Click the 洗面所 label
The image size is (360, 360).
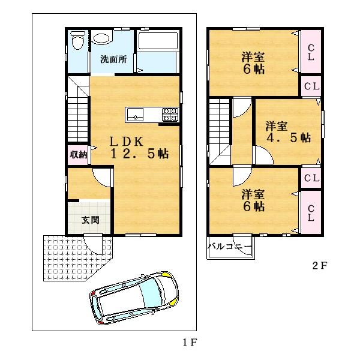tap(113, 59)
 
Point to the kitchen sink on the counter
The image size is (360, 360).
tap(134, 113)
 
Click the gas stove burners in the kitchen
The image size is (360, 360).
tap(169, 114)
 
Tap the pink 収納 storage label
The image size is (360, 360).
tap(78, 154)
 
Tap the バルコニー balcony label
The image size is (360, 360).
tap(230, 247)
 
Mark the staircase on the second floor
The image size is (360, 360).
tap(220, 129)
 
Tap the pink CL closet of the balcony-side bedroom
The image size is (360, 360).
tap(311, 213)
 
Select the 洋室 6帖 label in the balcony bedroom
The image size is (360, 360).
tap(254, 200)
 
